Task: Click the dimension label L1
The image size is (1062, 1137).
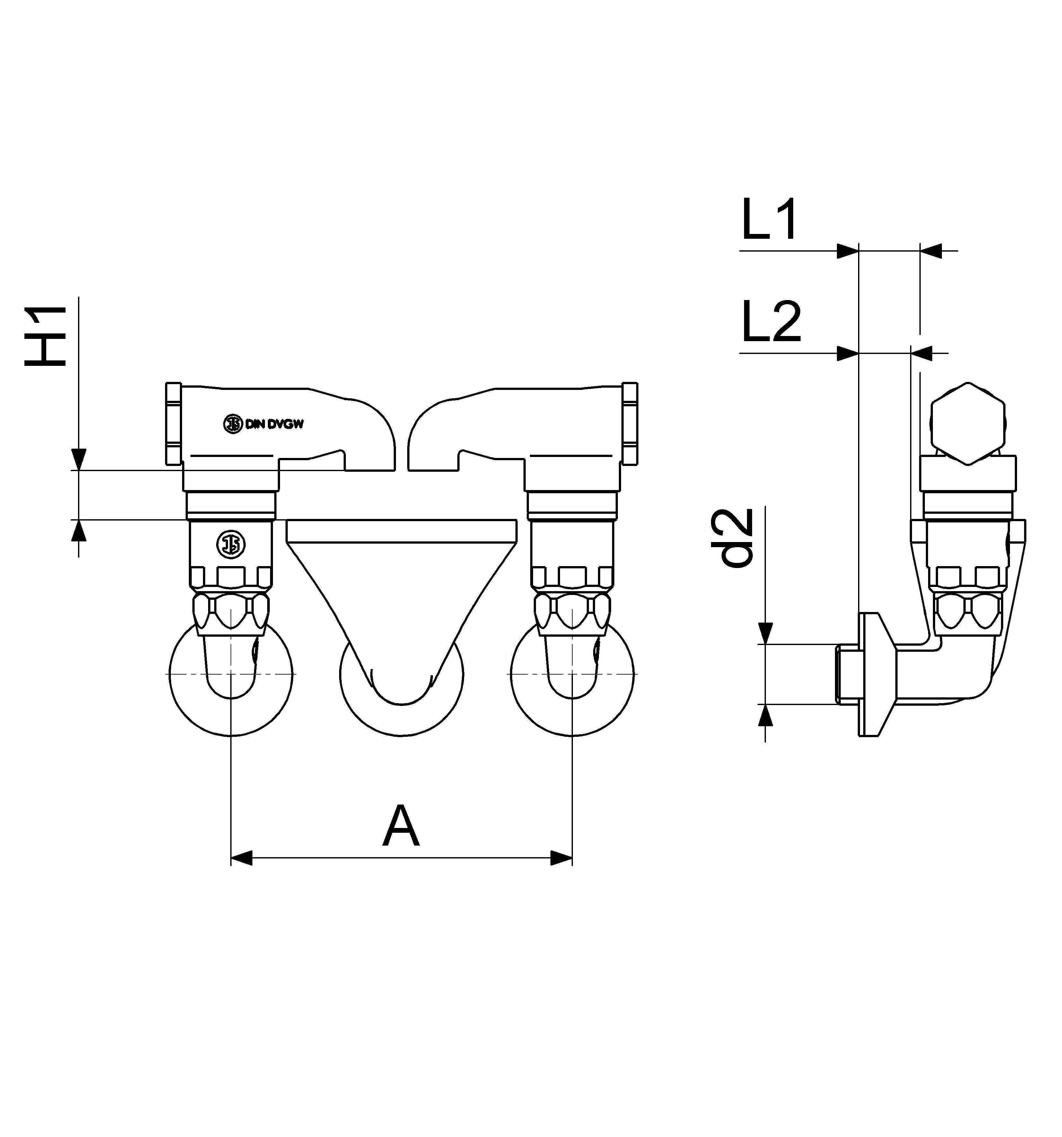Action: [768, 220]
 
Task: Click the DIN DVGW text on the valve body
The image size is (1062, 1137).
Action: [274, 424]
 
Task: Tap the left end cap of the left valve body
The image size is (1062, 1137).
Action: [173, 423]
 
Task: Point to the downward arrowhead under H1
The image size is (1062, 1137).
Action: [79, 459]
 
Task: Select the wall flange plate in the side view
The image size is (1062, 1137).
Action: [869, 675]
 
